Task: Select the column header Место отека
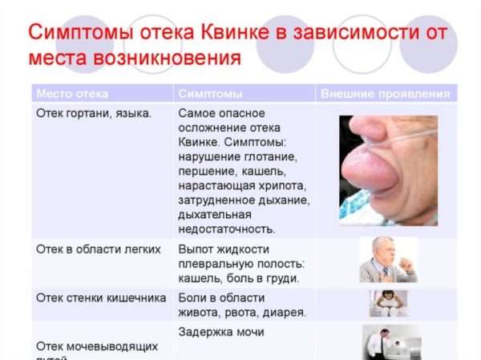tap(72, 94)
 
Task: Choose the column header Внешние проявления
tap(385, 94)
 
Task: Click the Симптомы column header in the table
tap(211, 94)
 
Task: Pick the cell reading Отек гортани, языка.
tap(94, 113)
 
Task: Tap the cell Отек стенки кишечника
tap(101, 297)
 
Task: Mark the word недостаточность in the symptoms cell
tap(228, 229)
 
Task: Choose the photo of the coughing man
tap(388, 259)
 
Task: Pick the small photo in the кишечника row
tap(388, 303)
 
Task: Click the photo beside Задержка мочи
tap(390, 342)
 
